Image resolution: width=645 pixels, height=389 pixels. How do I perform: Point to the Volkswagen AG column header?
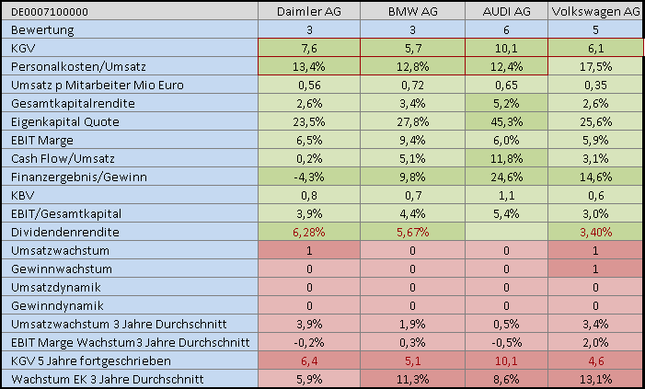click(595, 11)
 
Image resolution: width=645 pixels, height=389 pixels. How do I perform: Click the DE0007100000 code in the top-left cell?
click(51, 11)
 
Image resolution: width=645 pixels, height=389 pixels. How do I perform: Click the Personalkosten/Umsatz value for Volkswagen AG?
click(595, 66)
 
